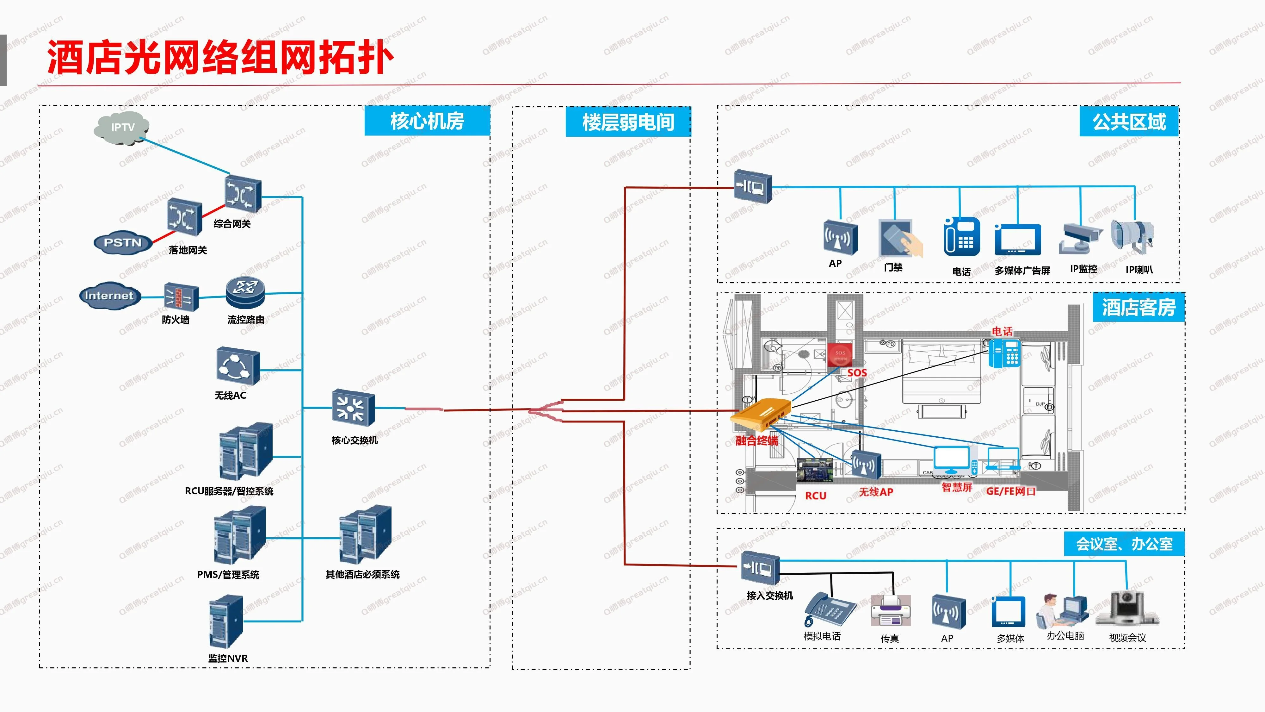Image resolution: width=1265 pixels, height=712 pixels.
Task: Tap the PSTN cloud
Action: pyautogui.click(x=122, y=243)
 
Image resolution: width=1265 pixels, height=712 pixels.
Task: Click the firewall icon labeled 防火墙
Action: pyautogui.click(x=180, y=297)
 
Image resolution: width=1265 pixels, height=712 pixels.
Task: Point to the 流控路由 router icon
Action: pyautogui.click(x=245, y=292)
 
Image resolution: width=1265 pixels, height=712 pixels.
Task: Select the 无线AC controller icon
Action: pyautogui.click(x=238, y=366)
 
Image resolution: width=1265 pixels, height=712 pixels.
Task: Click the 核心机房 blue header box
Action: pyautogui.click(x=427, y=121)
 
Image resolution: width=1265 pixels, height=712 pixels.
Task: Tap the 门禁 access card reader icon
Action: pyautogui.click(x=899, y=238)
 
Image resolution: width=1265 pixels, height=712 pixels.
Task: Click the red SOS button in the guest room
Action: pyautogui.click(x=840, y=355)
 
